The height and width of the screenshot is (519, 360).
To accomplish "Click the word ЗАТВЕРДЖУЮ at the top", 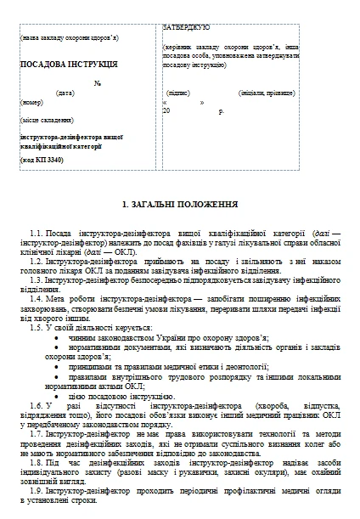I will [186, 27].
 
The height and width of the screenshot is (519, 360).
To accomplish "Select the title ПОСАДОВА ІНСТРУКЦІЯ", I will [68, 64].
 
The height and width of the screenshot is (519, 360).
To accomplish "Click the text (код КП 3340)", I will [42, 159].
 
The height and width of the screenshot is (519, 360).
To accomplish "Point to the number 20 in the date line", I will [167, 110].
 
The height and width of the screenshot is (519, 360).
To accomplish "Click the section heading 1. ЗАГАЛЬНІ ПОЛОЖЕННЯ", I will [180, 206].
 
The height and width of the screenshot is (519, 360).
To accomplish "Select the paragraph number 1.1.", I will [36, 232].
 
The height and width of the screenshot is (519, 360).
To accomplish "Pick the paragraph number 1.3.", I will [36, 279].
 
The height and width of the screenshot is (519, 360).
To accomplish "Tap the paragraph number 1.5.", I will [36, 326].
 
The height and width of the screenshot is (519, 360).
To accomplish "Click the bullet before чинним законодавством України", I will [57, 337].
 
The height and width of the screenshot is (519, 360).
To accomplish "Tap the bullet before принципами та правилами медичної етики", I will [57, 367].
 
